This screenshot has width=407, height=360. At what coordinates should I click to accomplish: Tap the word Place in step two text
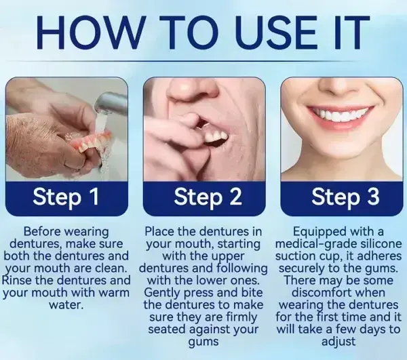(162, 232)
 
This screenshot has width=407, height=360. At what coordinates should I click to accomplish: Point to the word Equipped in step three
(319, 232)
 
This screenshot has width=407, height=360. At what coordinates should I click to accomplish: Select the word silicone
(379, 244)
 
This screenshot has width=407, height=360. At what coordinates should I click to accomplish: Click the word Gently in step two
(163, 293)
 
